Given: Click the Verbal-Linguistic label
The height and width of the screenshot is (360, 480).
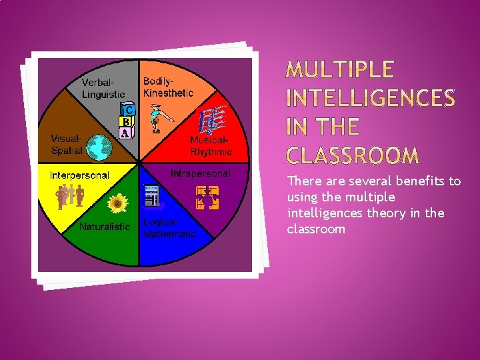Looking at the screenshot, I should (x=103, y=89).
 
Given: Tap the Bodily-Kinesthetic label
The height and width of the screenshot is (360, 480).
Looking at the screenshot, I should (x=168, y=87).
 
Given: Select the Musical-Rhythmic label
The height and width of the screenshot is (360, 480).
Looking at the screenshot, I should (x=211, y=146).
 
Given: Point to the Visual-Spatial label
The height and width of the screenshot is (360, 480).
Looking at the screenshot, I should (x=67, y=145).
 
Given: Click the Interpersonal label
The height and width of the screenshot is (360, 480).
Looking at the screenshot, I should (x=79, y=175).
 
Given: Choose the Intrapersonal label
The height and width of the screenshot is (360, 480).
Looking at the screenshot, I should (x=201, y=174).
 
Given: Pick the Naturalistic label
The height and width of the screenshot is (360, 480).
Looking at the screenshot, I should (x=105, y=227).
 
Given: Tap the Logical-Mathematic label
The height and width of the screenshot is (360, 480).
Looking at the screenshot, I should (x=169, y=227).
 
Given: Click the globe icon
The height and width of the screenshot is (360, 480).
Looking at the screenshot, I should (x=99, y=147).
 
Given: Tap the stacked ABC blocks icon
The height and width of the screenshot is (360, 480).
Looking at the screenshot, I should (x=127, y=121).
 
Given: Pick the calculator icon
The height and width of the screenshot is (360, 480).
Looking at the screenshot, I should (x=152, y=196).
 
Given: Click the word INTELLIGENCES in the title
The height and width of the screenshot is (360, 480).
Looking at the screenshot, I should (x=371, y=99).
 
